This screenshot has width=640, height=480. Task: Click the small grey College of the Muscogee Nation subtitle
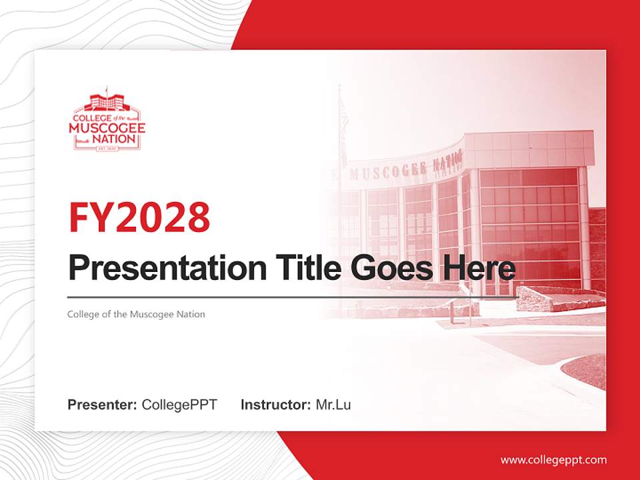pyautogui.click(x=136, y=314)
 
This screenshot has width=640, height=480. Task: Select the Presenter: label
pyautogui.click(x=102, y=405)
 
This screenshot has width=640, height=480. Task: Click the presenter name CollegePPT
pyautogui.click(x=179, y=405)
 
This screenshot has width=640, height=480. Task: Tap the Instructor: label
pyautogui.click(x=275, y=405)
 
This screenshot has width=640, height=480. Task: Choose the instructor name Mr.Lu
pyautogui.click(x=333, y=405)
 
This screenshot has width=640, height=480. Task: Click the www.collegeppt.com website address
pyautogui.click(x=553, y=459)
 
